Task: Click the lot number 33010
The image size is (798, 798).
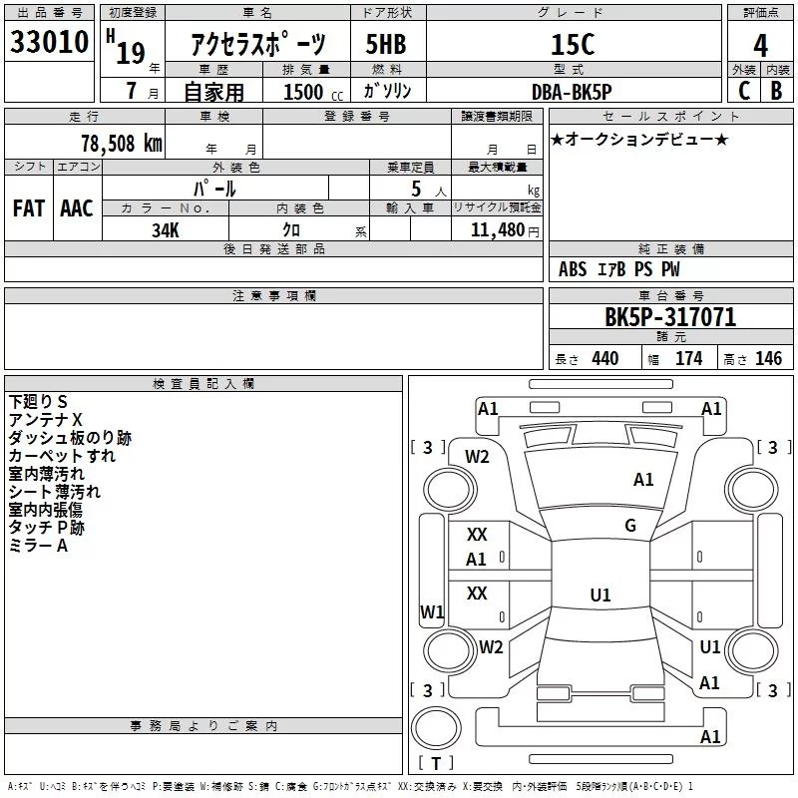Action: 49,41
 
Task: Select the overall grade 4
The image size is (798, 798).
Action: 760,45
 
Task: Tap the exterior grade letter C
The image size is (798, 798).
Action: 744,91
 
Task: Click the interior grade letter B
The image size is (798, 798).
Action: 776,91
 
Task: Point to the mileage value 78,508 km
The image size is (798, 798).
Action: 122,143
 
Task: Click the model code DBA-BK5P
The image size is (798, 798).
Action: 572,92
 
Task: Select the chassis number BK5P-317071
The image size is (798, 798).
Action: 670,316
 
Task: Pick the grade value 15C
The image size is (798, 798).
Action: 573,44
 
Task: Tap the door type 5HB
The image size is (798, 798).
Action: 386,44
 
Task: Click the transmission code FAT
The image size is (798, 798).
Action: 29,208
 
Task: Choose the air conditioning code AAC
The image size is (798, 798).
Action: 77,208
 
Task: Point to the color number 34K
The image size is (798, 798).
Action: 166,230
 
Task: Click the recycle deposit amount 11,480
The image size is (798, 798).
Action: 498,229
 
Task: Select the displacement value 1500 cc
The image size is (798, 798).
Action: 313,92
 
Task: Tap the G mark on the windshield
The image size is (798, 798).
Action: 630,526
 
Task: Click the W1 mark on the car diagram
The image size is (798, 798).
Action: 432,611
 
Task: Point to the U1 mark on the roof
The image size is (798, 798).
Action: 600,595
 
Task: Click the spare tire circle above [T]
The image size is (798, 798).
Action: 436,728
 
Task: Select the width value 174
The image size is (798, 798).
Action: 688,358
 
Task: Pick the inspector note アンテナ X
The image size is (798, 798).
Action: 45,420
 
